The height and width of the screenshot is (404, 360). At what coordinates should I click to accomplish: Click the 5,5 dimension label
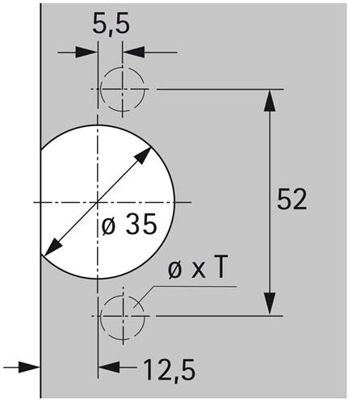[x=111, y=23]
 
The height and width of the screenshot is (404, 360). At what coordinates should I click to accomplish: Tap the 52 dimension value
[x=292, y=200]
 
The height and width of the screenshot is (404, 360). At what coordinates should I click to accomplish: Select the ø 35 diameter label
[x=129, y=224]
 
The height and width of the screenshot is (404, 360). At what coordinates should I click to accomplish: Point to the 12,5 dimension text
[x=170, y=369]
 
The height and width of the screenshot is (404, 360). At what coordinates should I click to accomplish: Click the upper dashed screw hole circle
[x=123, y=89]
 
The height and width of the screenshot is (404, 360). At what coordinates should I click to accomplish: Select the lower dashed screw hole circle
[x=123, y=317]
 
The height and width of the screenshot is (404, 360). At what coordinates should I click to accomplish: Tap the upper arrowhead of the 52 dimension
[x=270, y=100]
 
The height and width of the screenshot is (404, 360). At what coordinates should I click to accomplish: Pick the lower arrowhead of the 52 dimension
[x=270, y=304]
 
